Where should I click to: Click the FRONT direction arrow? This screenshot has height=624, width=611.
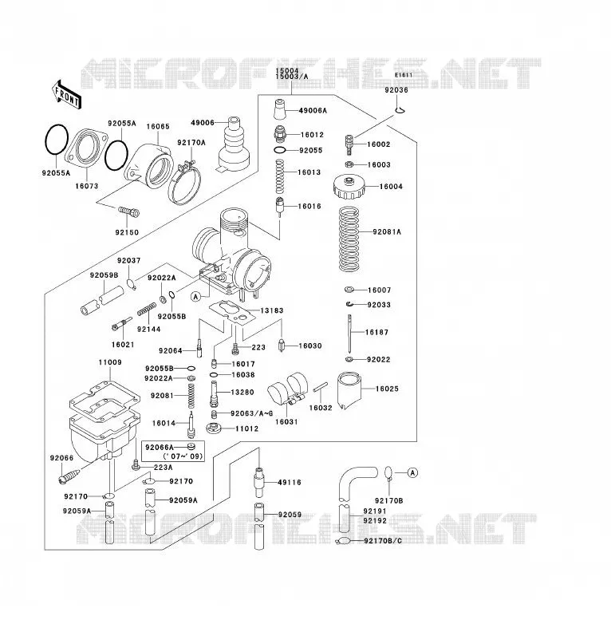tap(67, 95)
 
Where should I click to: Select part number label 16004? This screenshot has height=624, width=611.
tap(391, 186)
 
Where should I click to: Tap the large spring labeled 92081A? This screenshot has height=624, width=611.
tap(349, 239)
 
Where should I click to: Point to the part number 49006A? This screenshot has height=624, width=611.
tap(313, 111)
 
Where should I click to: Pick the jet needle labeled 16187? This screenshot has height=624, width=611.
tap(349, 334)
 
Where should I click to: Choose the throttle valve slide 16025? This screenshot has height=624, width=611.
tap(349, 390)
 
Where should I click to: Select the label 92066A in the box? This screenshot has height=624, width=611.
tap(159, 448)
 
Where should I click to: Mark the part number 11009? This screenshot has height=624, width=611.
tap(110, 362)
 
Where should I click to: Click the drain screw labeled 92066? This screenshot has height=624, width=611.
tap(69, 476)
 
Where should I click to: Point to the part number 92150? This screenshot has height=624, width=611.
tap(127, 232)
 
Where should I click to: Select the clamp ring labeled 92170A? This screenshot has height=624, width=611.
tap(184, 183)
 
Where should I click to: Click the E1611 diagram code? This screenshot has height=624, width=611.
tap(404, 75)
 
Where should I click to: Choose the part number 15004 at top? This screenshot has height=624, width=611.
tap(287, 71)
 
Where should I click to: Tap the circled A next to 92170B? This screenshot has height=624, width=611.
tap(412, 472)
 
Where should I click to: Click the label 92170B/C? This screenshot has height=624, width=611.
tap(383, 541)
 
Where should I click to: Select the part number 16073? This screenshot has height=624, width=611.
tap(87, 186)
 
